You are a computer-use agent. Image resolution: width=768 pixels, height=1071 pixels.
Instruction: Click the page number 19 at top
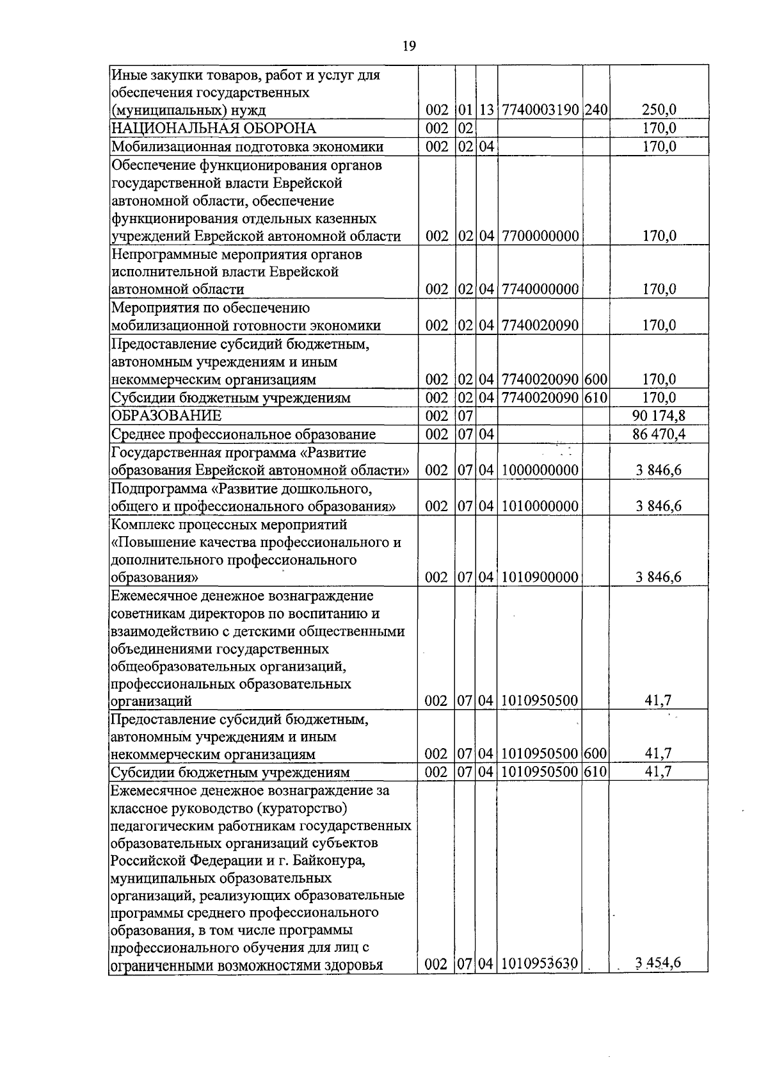click(x=410, y=45)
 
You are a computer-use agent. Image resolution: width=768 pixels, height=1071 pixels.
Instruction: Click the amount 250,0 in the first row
click(x=659, y=110)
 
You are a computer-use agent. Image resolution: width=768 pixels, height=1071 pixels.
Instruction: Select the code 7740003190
click(x=540, y=110)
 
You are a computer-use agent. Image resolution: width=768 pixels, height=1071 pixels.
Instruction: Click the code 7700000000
click(x=540, y=236)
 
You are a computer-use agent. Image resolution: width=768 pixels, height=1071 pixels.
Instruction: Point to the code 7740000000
click(x=540, y=290)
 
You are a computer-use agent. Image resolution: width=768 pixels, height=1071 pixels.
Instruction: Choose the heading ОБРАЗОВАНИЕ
click(x=166, y=416)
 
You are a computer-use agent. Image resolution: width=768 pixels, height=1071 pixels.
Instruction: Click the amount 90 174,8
click(x=659, y=416)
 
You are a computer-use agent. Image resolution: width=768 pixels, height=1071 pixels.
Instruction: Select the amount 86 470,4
click(x=659, y=434)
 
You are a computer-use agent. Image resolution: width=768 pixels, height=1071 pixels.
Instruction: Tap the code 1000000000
click(x=540, y=470)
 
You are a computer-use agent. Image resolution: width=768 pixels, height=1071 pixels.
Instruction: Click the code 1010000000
click(x=540, y=506)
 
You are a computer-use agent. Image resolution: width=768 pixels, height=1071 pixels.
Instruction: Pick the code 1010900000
click(x=540, y=578)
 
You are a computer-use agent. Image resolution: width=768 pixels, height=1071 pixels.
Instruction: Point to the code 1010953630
click(x=540, y=981)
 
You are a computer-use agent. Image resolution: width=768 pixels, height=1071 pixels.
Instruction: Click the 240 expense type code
click(x=595, y=110)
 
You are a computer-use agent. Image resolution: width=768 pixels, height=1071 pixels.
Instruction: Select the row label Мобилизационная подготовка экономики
click(x=247, y=147)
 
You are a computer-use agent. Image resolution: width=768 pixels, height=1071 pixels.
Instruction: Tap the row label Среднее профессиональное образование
click(x=243, y=434)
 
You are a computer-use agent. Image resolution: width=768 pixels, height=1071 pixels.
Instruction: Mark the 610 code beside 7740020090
click(x=595, y=398)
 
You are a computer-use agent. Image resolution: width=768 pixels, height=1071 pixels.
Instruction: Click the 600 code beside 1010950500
click(x=595, y=754)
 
